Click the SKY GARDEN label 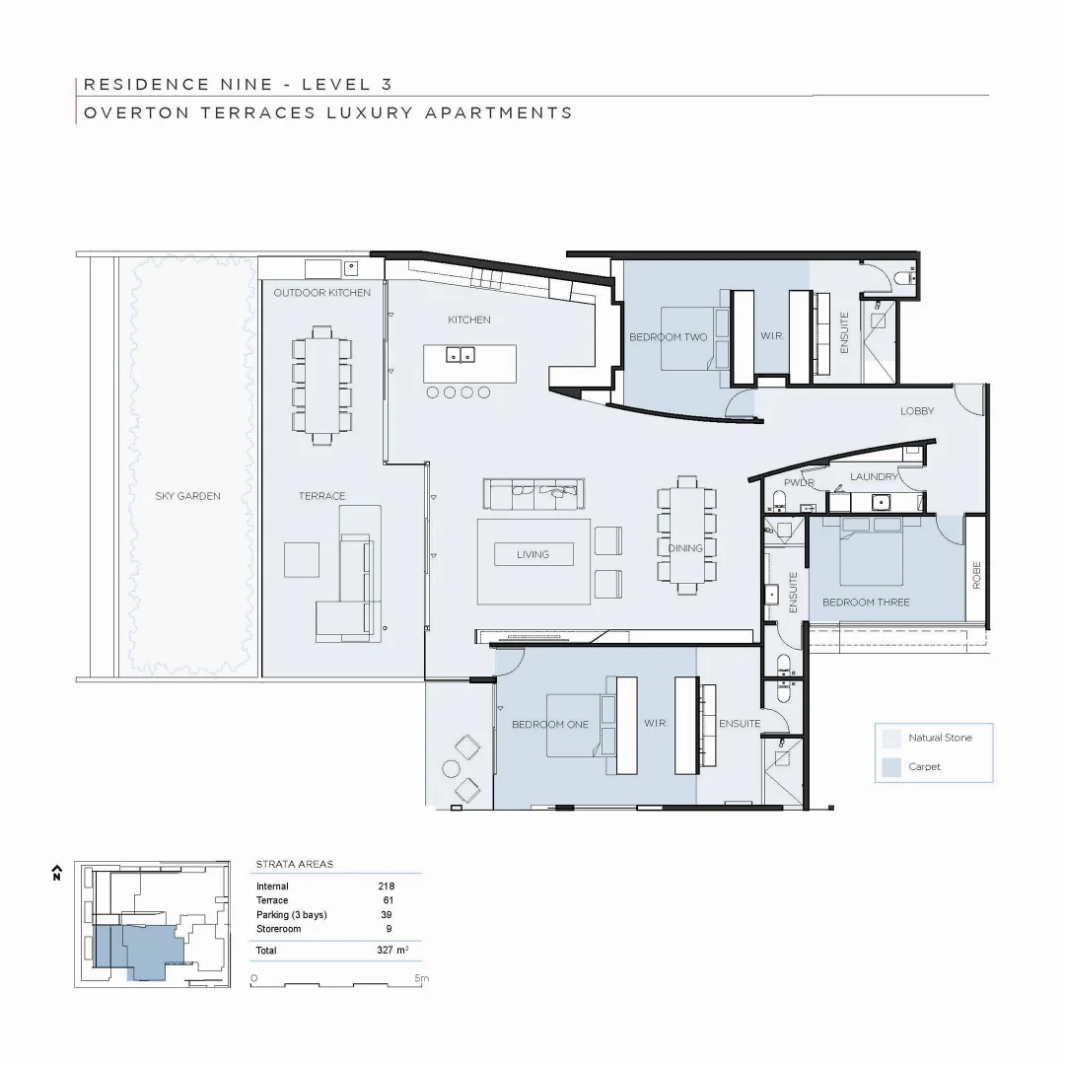(x=187, y=496)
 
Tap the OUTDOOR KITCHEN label (x=322, y=293)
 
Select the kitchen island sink (x=460, y=355)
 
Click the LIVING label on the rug (x=532, y=554)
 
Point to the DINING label (x=685, y=548)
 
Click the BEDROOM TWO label (x=669, y=337)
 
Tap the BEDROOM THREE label (x=866, y=602)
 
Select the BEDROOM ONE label (x=549, y=724)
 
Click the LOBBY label (x=916, y=411)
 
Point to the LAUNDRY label (x=875, y=477)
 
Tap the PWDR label (x=799, y=483)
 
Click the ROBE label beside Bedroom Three (x=976, y=575)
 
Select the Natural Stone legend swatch (x=891, y=738)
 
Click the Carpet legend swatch (x=891, y=766)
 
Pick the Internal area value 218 (x=386, y=887)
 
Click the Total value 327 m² (x=392, y=951)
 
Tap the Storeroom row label (x=278, y=929)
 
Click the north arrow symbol (x=57, y=872)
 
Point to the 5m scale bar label (x=421, y=978)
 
